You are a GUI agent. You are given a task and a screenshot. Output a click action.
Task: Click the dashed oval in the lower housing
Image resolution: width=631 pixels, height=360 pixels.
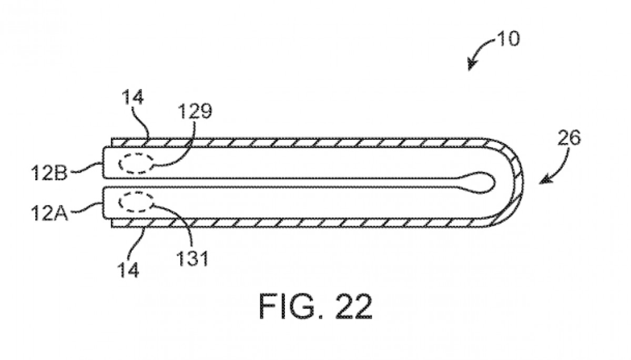pos(136,202)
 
